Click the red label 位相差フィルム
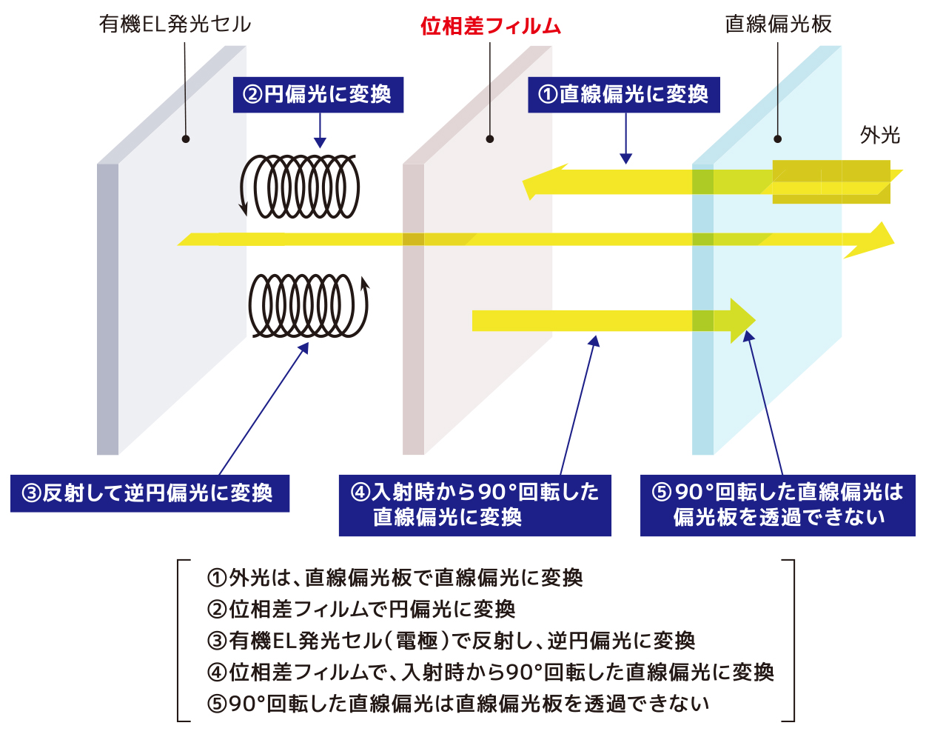tap(491, 27)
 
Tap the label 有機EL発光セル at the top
tap(175, 24)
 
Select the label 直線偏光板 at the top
tap(778, 24)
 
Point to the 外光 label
tap(879, 135)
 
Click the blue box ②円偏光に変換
tap(318, 95)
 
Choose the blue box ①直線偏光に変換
tap(623, 95)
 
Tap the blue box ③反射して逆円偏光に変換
tap(150, 493)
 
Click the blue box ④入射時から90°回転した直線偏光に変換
tap(474, 505)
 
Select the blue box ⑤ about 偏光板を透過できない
tap(777, 505)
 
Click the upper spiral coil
tap(301, 187)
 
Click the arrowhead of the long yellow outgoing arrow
tap(877, 239)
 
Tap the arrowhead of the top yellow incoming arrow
tap(537, 182)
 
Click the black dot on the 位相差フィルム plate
tap(490, 139)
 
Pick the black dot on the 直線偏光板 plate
tap(777, 139)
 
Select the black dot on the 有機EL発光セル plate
tap(186, 139)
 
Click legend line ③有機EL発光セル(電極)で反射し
tap(451, 640)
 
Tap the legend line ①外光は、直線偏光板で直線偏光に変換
tap(395, 577)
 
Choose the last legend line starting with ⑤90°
tap(458, 703)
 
